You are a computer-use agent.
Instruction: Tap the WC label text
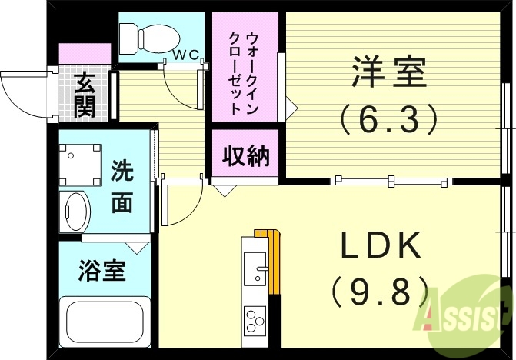pos(186,55)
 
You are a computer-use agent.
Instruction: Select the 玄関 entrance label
pos(85,95)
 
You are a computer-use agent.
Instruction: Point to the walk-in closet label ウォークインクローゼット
pos(244,73)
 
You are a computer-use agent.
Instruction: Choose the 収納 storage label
pos(246,155)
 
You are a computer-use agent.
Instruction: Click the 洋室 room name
pos(389,72)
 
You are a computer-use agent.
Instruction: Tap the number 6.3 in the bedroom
pos(389,119)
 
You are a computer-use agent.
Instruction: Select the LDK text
pos(381,245)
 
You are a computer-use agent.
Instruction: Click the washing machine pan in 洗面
pos(80,165)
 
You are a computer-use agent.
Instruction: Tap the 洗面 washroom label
pos(122,186)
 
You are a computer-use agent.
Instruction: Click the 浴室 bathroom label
pos(102,271)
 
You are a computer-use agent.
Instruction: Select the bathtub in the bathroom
pos(105,322)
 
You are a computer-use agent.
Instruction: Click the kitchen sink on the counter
pos(255,268)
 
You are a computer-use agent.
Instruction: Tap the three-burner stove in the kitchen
pos(255,319)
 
